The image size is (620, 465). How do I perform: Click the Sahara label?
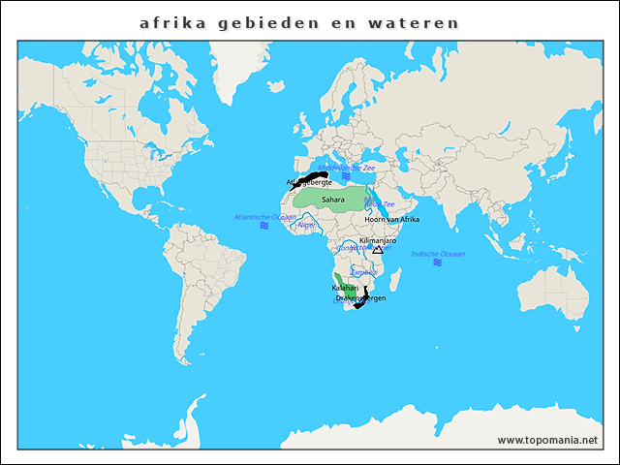point(332,199)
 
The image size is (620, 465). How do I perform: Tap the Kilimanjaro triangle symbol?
point(378,250)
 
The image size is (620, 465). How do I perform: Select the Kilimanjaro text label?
point(377,240)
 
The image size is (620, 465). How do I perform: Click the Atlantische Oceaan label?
point(264,217)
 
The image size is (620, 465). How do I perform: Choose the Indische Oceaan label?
point(438,254)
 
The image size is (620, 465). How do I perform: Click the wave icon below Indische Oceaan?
point(438,263)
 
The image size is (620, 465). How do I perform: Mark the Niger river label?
point(307,225)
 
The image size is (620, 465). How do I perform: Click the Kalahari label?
point(345,289)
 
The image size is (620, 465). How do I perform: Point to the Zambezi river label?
point(363,273)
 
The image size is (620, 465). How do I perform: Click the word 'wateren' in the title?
point(421,21)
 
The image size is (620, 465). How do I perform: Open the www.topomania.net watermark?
point(547,440)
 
